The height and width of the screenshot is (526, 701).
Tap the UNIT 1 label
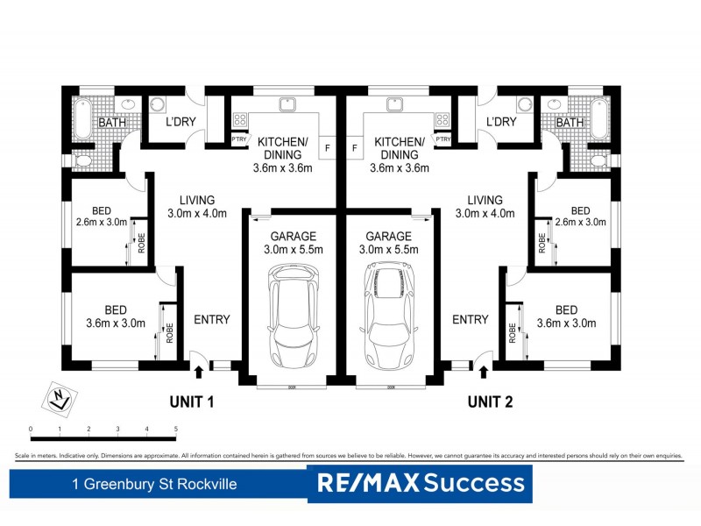coord(192,402)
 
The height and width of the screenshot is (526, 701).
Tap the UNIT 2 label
coord(491,402)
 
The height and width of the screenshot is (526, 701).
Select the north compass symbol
coord(58,397)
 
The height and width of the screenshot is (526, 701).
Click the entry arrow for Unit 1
coord(198,372)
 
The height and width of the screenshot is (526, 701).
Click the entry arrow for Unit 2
coord(485,372)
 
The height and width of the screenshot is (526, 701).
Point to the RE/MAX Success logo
coord(420,482)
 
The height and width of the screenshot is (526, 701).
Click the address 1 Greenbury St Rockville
coord(155,483)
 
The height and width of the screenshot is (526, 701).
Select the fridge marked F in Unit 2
coord(355,148)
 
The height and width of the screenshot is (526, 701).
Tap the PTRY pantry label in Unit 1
coord(238,139)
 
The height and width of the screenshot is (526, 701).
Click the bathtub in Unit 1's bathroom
coord(81,117)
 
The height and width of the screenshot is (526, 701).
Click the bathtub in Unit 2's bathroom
coord(599,117)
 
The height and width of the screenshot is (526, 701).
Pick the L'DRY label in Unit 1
coord(180,122)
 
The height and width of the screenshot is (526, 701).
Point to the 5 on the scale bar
coord(176,429)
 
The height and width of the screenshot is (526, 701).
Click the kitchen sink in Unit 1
coord(287,104)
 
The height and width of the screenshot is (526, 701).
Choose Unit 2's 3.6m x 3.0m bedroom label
coord(565,316)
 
